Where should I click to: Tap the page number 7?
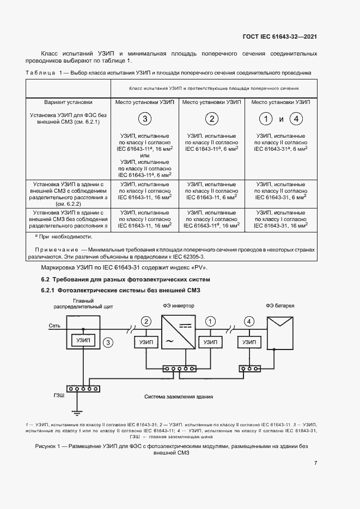[x=315, y=463]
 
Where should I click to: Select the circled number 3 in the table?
[x=144, y=119]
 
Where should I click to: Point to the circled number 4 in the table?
[x=296, y=119]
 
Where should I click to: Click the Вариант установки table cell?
[x=68, y=102]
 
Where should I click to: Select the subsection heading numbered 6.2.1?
[x=121, y=291]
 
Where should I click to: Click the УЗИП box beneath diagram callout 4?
[x=248, y=341]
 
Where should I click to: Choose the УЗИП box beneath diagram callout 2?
[x=145, y=341]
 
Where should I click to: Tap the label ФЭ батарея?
[x=280, y=305]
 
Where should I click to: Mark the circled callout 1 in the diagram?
[x=210, y=321]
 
